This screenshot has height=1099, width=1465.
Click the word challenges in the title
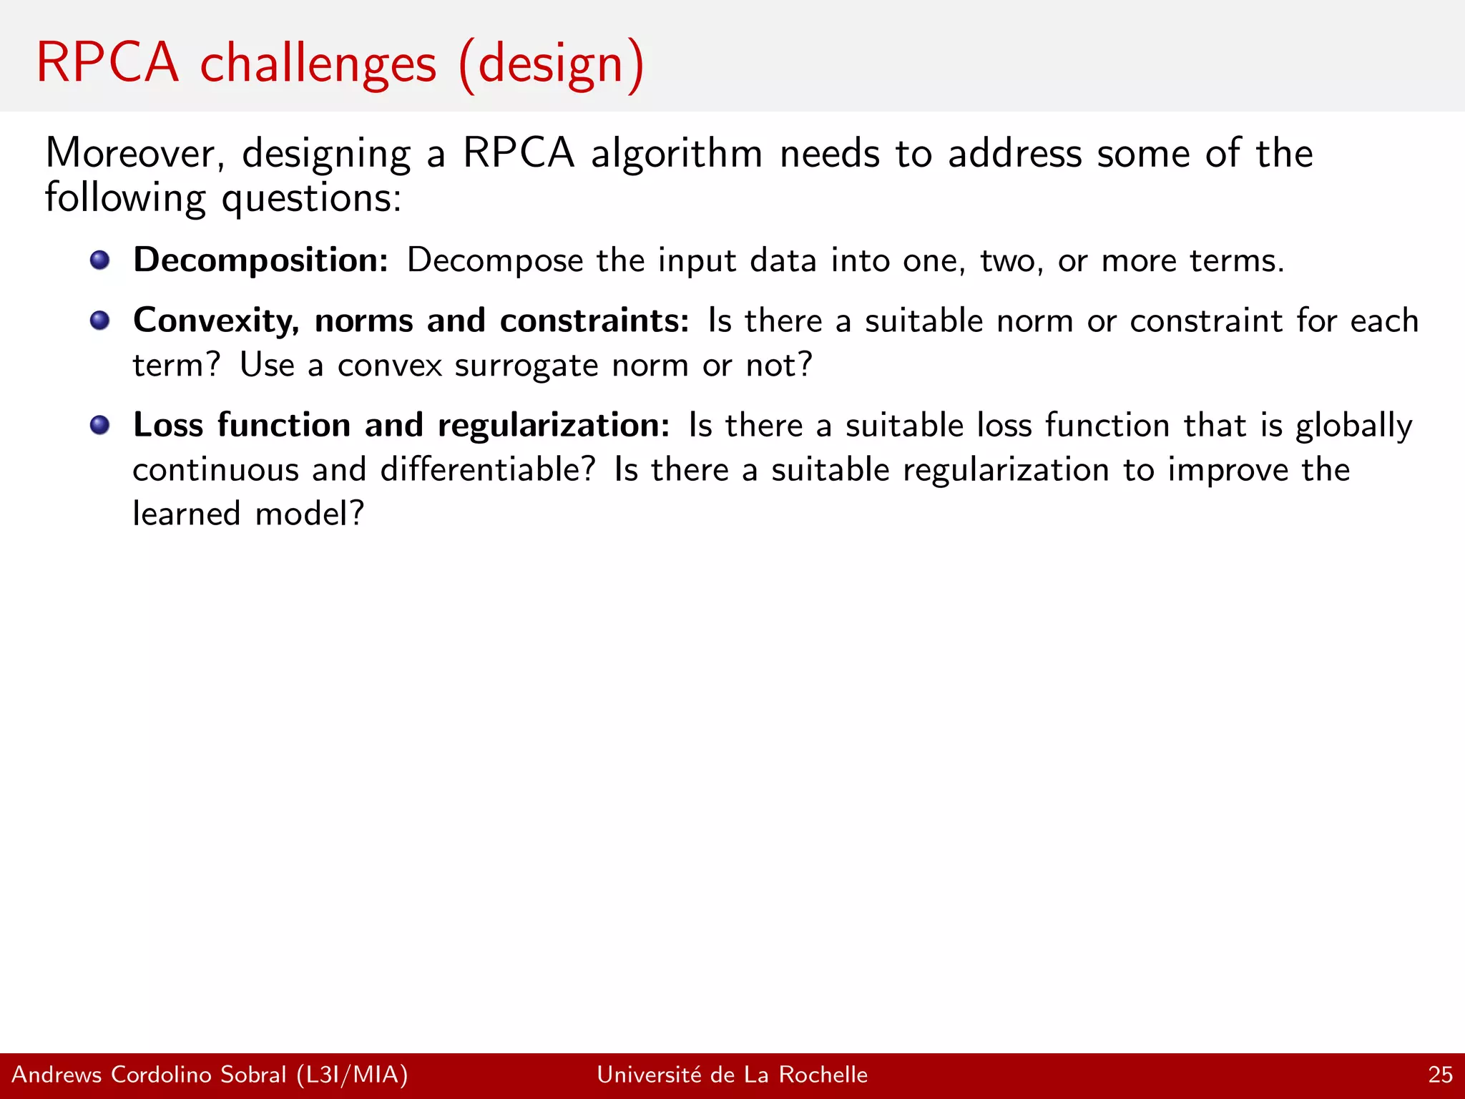[x=318, y=64]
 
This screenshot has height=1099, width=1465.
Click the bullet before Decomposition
[x=100, y=260]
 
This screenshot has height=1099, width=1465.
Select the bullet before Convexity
[x=100, y=320]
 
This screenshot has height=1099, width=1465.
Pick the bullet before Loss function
[x=100, y=425]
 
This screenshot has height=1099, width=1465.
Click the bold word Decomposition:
[x=260, y=260]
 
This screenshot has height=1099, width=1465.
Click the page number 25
[x=1439, y=1075]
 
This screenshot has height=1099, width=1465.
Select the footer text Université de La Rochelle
[x=732, y=1075]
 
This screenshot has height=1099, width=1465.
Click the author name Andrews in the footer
[x=57, y=1075]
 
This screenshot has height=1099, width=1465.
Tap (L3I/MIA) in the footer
[x=352, y=1075]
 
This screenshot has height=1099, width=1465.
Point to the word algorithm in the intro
[x=677, y=154]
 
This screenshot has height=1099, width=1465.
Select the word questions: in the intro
[x=311, y=199]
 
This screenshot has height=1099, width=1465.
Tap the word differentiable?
[x=487, y=470]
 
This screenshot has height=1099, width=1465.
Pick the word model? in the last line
[x=310, y=514]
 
